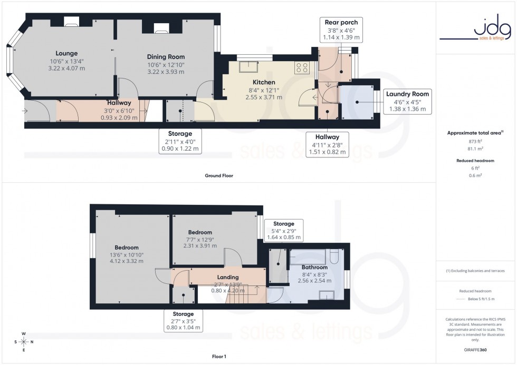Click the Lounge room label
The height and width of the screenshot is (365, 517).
pos(67,53)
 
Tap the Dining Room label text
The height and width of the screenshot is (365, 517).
pos(166,57)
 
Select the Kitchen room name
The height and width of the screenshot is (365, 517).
pos(264,82)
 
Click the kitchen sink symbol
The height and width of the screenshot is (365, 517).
pos(247,66)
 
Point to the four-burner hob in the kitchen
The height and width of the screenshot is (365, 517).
pos(302,67)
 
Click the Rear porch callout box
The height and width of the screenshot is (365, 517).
pos(341,30)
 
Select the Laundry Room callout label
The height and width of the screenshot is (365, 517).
pos(407,101)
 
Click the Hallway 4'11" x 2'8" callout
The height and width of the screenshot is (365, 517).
pos(328,144)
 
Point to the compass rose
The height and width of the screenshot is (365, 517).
pos(24,342)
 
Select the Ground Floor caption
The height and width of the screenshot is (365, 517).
pos(219,175)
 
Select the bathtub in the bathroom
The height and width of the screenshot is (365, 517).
pos(309,257)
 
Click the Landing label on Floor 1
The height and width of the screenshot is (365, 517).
pos(228,277)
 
